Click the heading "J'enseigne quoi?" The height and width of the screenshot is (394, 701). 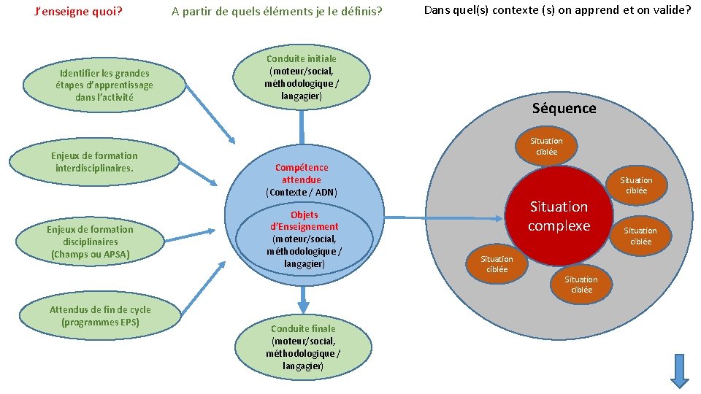[x=79, y=12]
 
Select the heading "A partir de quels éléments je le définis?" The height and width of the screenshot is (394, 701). [x=277, y=12]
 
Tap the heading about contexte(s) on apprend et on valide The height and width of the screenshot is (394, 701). [x=557, y=11]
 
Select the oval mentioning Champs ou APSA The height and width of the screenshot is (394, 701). [x=91, y=242]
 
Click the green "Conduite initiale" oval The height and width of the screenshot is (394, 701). [x=302, y=77]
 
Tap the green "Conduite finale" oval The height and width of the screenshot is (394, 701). [x=303, y=347]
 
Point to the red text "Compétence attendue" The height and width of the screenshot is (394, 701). [x=302, y=173]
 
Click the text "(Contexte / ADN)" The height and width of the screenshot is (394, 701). [x=302, y=193]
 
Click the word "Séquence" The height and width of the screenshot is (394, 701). [x=564, y=109]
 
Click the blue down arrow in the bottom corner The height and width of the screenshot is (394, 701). [x=680, y=370]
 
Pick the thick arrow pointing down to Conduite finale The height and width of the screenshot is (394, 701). [x=304, y=298]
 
